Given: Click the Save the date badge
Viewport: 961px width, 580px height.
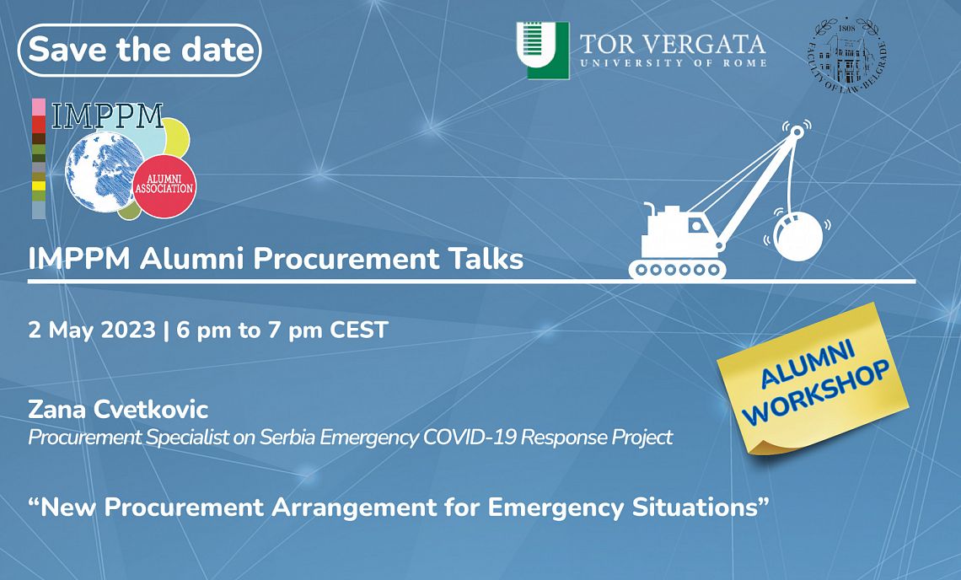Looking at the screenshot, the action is [140, 50].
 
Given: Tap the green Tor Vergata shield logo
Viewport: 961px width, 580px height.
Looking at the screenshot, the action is [542, 51].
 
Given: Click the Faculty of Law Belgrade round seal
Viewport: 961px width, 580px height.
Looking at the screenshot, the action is [846, 55].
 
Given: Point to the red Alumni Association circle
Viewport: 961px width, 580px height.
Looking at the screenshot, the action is [164, 186].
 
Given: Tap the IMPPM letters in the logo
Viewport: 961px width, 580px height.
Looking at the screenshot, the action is [107, 115].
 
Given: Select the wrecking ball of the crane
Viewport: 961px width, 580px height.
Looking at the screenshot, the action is [798, 236].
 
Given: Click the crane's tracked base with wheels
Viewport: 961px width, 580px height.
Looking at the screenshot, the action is [677, 269].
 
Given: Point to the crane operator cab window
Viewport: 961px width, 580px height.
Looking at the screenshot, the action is [695, 225].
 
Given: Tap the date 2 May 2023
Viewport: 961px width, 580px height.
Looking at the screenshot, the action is [92, 330].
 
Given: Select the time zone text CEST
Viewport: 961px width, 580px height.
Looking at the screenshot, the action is [359, 330].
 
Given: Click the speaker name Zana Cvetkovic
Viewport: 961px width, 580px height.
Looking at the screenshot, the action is [118, 409].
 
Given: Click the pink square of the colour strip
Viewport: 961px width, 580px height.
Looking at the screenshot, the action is [39, 107].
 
